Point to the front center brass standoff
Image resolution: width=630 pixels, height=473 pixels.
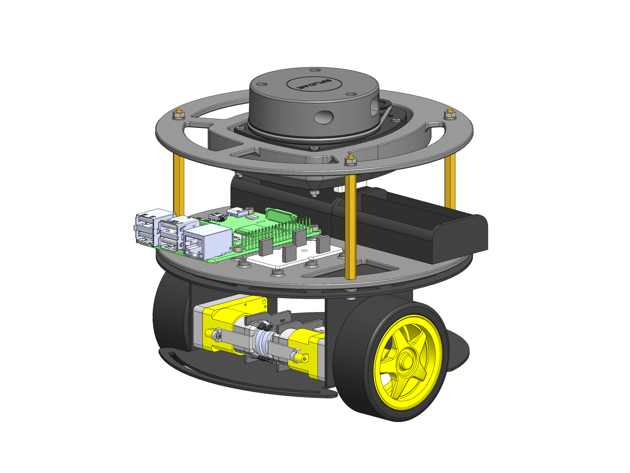350,227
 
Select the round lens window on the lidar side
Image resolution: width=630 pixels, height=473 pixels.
324,117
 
